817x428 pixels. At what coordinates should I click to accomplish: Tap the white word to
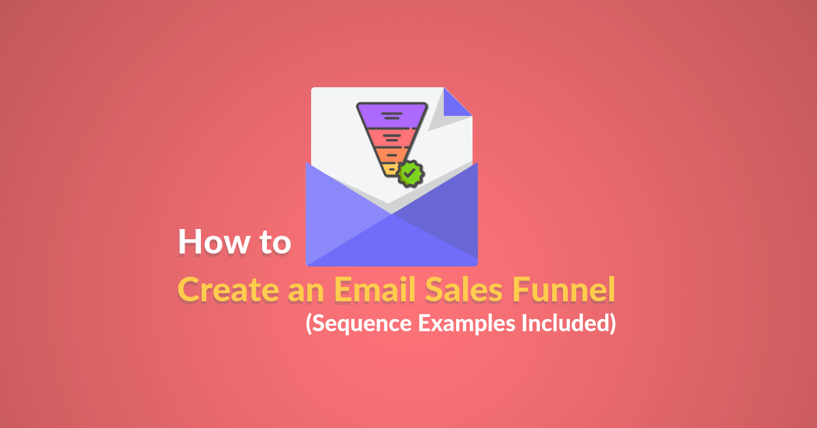pos(275,243)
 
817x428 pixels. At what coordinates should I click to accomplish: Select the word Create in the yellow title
pos(228,290)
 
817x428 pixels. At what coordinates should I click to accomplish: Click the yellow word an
pos(306,294)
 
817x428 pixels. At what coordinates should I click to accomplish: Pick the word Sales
pos(464,290)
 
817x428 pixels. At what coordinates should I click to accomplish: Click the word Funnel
pos(564,290)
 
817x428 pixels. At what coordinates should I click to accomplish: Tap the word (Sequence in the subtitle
pos(359,324)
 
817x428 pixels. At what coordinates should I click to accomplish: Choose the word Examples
pos(466,324)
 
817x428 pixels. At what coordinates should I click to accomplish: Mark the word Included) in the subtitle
pos(568,323)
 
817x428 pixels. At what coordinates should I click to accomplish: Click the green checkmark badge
pos(411,174)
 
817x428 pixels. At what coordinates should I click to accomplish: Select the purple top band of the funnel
pos(391,116)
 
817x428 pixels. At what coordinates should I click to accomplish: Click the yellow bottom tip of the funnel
pos(390,170)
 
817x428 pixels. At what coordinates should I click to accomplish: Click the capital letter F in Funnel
pos(521,290)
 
